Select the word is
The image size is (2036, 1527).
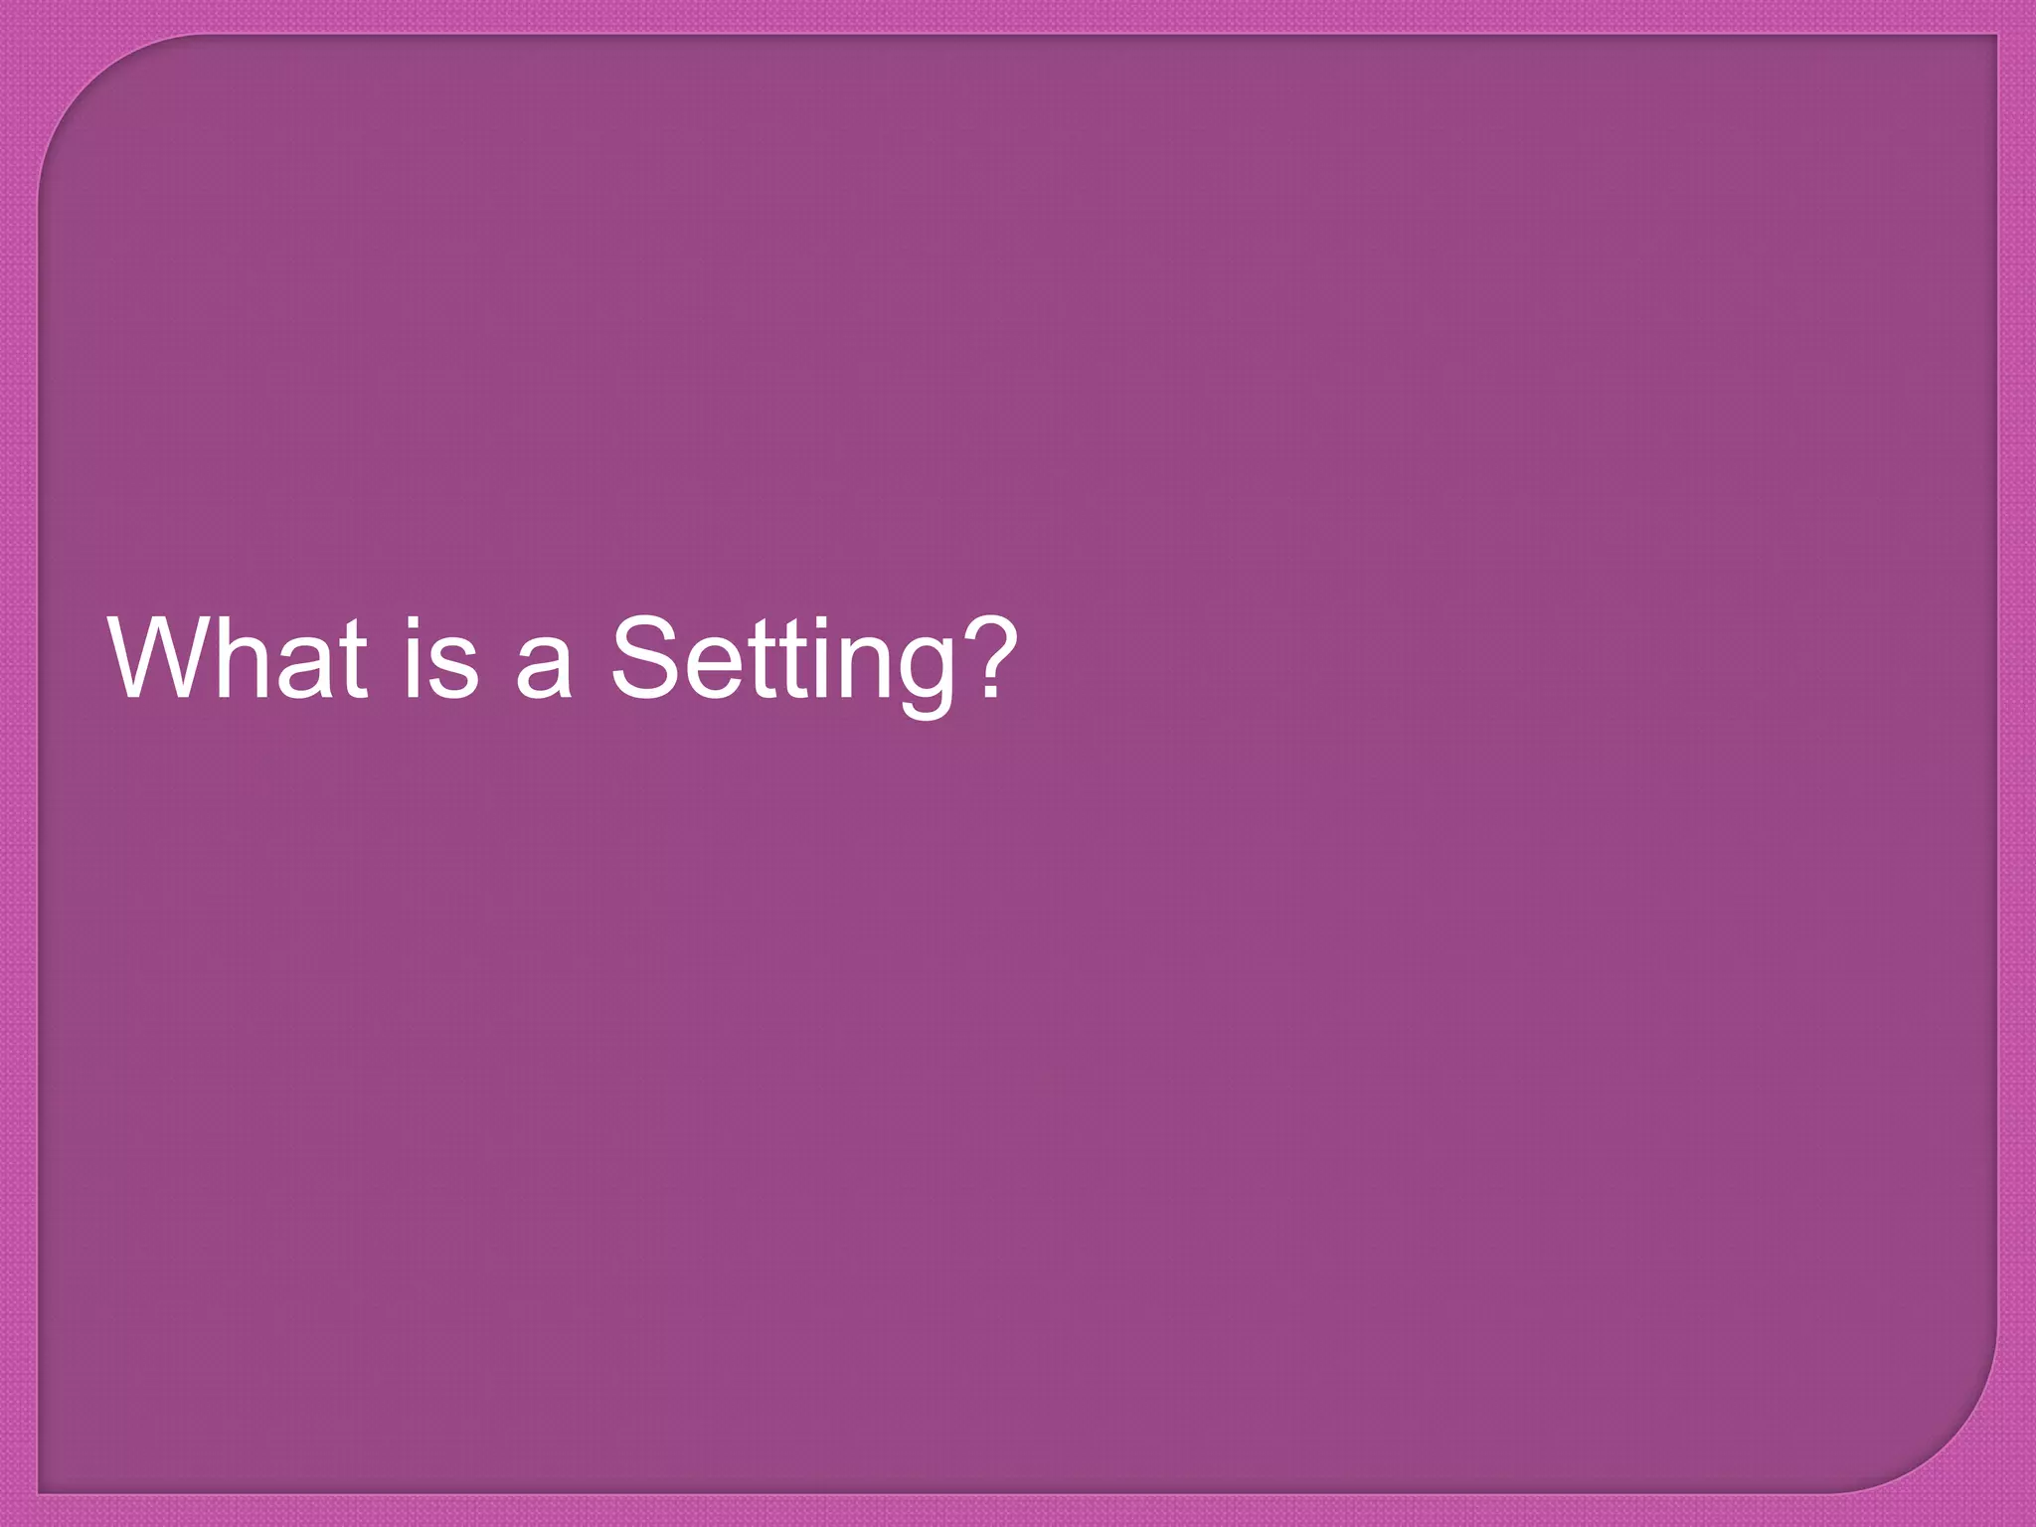pyautogui.click(x=440, y=658)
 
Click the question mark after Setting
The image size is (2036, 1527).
pyautogui.click(x=988, y=656)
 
